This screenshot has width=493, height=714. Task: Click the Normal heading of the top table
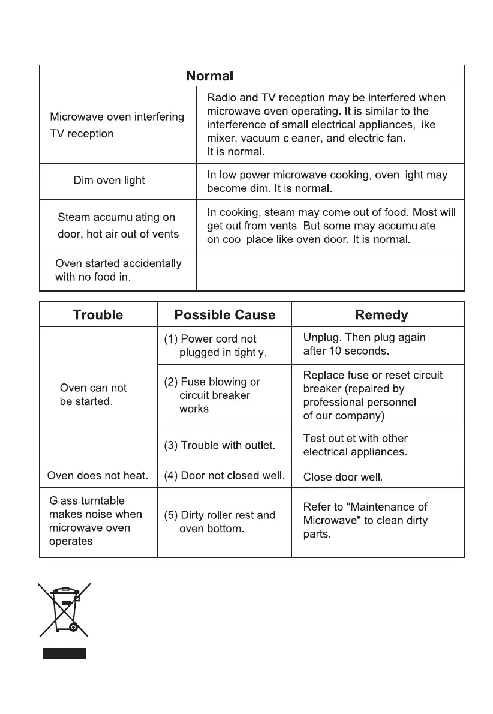tap(209, 76)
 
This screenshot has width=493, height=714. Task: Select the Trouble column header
tap(98, 315)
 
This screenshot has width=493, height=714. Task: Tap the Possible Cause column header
tap(224, 315)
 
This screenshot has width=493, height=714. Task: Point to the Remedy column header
tap(381, 315)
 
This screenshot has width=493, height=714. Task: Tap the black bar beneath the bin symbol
tap(64, 653)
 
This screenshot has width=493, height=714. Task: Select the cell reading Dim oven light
tap(109, 181)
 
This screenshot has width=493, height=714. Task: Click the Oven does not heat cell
tap(98, 476)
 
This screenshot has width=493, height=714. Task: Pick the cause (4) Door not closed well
tap(224, 476)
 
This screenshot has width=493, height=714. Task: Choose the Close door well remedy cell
tap(343, 478)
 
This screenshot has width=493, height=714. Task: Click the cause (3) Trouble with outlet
tap(220, 445)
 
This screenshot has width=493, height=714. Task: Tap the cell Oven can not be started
tap(94, 395)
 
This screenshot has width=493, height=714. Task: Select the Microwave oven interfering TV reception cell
tap(117, 125)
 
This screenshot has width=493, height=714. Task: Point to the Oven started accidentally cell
tap(118, 271)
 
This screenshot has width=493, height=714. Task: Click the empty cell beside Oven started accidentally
tap(330, 271)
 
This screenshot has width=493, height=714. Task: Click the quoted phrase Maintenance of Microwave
tap(366, 514)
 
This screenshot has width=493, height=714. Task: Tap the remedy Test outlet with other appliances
tap(355, 445)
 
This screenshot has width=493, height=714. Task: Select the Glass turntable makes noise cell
tap(95, 521)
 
